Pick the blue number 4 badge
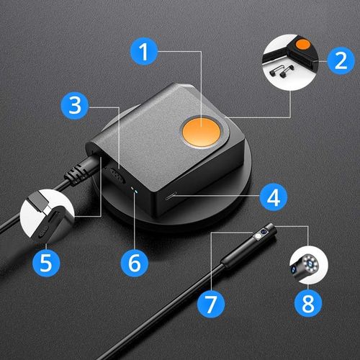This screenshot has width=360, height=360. tap(271, 196)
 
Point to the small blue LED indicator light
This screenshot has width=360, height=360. tap(140, 189)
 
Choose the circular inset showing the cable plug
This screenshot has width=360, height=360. tap(46, 214)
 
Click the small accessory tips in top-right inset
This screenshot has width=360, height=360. tap(283, 69)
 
